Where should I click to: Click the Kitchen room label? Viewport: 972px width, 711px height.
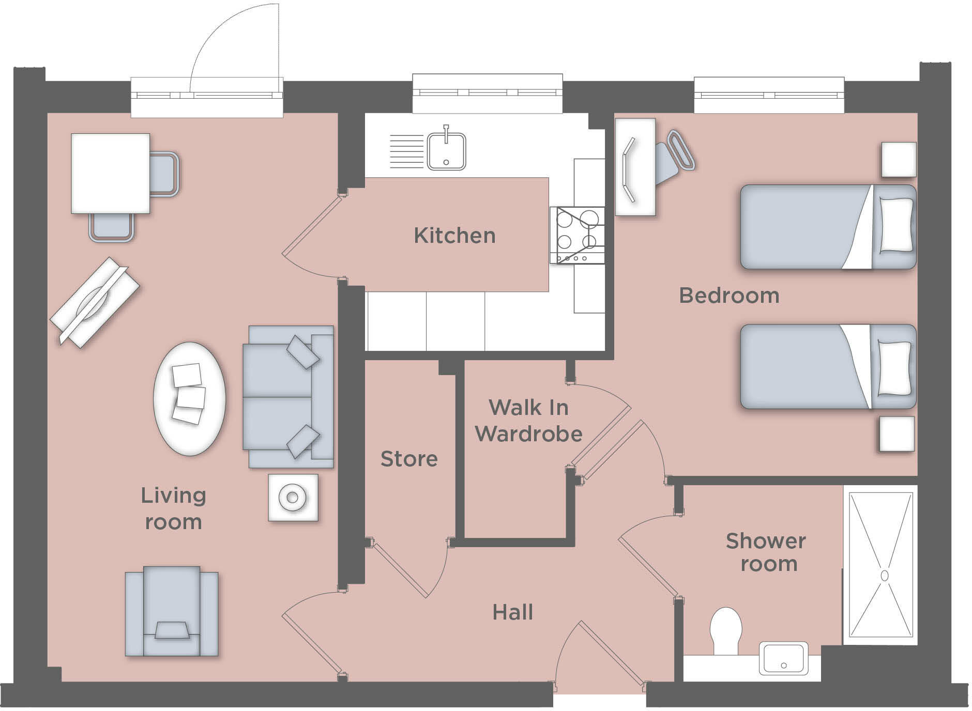coord(454,236)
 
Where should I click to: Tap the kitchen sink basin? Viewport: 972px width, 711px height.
coord(446,151)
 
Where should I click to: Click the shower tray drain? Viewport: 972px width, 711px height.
coord(884,575)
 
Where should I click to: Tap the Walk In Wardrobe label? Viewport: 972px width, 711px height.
coord(528,421)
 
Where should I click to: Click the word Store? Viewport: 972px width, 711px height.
coord(409,459)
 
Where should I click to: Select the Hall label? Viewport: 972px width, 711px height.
coord(512,612)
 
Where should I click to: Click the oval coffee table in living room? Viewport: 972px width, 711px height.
coord(189,398)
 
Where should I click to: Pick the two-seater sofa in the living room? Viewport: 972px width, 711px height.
coord(287,397)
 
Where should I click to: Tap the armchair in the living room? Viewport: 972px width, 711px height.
coord(171,611)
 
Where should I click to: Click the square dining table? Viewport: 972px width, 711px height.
coord(110,173)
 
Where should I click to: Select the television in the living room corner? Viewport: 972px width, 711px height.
coord(94,302)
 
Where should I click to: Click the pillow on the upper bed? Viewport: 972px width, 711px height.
coord(896,225)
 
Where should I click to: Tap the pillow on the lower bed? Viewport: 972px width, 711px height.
coord(894,368)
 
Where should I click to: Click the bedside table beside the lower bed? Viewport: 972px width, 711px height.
coord(897,434)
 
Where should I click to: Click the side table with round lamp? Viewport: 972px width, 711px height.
coord(293,498)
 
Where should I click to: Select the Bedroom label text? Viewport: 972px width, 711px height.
coord(728,296)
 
